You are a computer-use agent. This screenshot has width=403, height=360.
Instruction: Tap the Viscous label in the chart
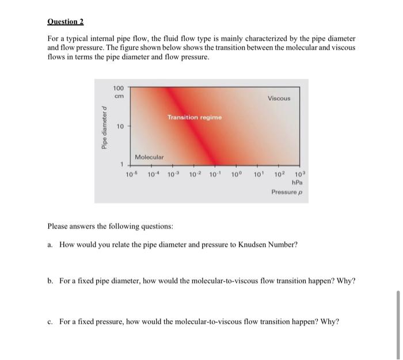[x=279, y=98]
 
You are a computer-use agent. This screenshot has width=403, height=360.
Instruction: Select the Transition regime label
[x=194, y=117]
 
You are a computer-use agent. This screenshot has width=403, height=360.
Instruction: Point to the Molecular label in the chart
[x=149, y=157]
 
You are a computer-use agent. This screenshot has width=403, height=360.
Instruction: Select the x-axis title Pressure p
[x=287, y=192]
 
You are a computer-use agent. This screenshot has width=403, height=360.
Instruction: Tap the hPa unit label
[x=298, y=182]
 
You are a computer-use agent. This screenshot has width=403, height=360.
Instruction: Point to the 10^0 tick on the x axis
[x=237, y=174]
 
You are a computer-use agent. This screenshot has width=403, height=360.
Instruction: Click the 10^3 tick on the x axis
[x=299, y=174]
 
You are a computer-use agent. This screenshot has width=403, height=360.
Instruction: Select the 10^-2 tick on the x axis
[x=195, y=174]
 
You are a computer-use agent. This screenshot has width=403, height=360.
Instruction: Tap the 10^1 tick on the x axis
[x=258, y=174]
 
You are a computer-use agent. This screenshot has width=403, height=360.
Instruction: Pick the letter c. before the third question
[x=51, y=321]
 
